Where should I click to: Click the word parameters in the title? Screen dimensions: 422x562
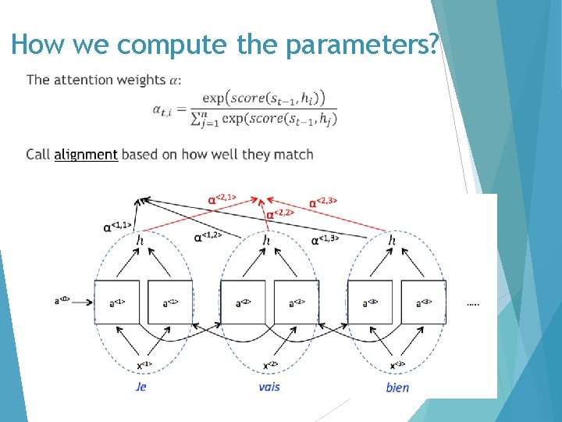click(x=361, y=45)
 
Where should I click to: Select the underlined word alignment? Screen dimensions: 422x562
click(x=86, y=154)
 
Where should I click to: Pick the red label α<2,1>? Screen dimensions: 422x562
click(x=223, y=199)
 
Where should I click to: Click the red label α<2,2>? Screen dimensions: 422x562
click(x=280, y=213)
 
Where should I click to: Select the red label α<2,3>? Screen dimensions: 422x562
click(x=323, y=202)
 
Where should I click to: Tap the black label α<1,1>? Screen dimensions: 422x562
click(x=118, y=227)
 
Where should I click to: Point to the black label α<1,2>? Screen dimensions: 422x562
click(x=207, y=235)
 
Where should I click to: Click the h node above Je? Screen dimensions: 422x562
click(x=140, y=241)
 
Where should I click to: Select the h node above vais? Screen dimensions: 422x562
click(x=266, y=241)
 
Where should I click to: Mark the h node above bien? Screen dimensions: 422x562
click(x=392, y=241)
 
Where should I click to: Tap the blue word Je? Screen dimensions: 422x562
click(x=140, y=386)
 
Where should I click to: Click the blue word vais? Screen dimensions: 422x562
click(x=269, y=386)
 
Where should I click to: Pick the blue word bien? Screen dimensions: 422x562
click(x=397, y=387)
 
